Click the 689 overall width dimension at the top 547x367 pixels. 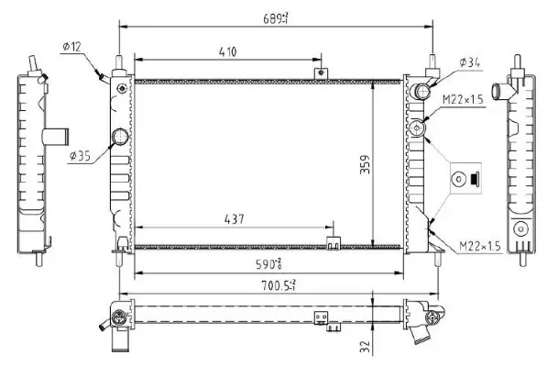pyautogui.click(x=275, y=17)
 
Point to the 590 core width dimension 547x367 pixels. pyautogui.click(x=269, y=264)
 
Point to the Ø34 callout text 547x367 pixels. pyautogui.click(x=468, y=61)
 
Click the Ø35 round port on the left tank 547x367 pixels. pyautogui.click(x=119, y=139)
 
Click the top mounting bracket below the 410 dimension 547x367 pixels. pyautogui.click(x=321, y=71)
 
